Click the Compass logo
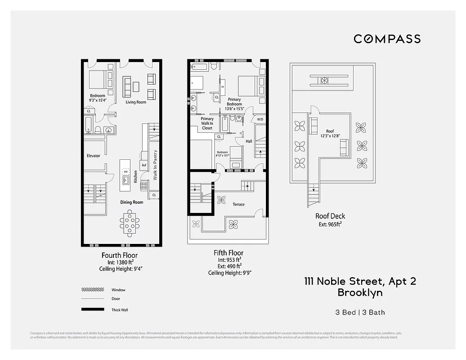(387, 39)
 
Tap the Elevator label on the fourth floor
(93, 156)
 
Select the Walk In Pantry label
(155, 165)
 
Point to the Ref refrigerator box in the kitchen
(144, 165)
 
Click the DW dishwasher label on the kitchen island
(126, 172)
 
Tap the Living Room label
(136, 102)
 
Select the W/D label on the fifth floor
(260, 119)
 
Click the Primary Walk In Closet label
(207, 123)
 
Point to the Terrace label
(238, 204)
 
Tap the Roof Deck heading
(330, 216)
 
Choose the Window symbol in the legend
(92, 290)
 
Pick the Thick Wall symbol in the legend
(92, 310)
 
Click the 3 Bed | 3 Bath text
(360, 312)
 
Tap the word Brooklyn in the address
(360, 292)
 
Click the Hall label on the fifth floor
(249, 141)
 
